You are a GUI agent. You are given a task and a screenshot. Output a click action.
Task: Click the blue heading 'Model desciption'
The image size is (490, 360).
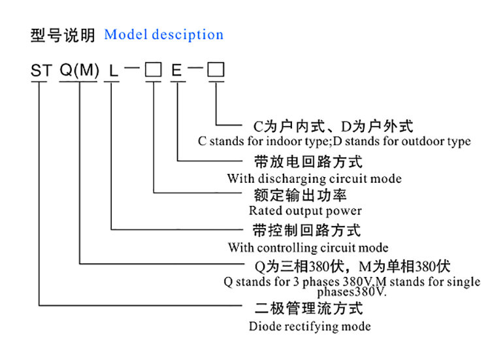click(163, 35)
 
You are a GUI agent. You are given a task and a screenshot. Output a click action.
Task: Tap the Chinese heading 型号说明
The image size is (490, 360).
click(63, 35)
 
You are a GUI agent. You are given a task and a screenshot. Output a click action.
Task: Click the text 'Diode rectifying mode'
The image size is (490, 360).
click(310, 326)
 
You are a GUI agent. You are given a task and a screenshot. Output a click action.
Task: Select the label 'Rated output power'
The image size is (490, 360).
click(305, 210)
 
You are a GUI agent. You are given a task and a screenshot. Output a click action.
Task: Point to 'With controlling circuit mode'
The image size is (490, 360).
click(308, 248)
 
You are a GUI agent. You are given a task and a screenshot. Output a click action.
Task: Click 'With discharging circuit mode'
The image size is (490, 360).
click(314, 178)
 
